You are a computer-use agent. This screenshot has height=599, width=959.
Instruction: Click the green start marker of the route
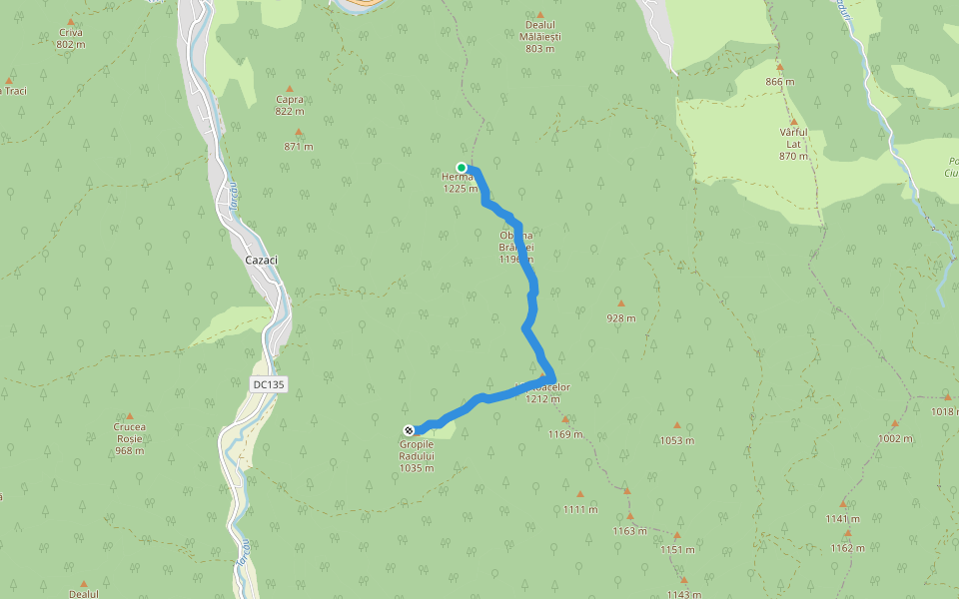(x=462, y=168)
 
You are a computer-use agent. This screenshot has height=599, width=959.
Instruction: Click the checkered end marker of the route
(x=409, y=430)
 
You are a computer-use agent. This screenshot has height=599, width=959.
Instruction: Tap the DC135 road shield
(x=269, y=383)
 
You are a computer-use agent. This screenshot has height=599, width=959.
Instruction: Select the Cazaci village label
(x=261, y=260)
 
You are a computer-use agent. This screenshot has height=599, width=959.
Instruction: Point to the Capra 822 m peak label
(x=290, y=105)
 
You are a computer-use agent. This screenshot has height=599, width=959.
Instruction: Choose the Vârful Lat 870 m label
(x=793, y=144)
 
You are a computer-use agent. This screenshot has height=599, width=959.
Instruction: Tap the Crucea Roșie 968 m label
(x=129, y=438)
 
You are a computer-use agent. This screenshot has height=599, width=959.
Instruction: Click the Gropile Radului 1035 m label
(x=417, y=455)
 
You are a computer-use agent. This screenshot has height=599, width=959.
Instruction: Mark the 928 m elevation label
(x=621, y=319)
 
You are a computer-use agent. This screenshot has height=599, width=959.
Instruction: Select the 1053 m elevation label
(x=677, y=440)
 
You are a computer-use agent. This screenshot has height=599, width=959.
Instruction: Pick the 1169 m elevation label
(x=565, y=434)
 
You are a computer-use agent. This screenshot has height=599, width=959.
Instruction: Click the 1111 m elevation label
(x=579, y=509)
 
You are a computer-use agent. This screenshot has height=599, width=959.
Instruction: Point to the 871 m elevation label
(x=299, y=147)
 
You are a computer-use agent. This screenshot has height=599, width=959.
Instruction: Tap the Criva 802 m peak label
(x=70, y=38)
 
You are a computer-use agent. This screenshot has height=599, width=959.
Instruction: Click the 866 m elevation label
(x=780, y=82)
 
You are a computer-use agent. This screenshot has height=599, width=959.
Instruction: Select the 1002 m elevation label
(x=895, y=438)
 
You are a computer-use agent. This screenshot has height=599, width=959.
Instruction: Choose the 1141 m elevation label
(x=843, y=518)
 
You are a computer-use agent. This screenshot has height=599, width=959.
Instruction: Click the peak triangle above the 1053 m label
(x=676, y=425)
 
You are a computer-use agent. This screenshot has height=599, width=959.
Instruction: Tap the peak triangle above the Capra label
(x=290, y=88)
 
